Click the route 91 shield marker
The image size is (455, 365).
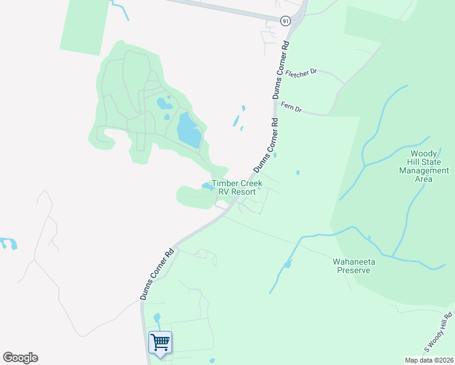[x=286, y=21]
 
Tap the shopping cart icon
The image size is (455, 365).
[x=161, y=341]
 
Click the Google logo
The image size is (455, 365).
[x=20, y=358]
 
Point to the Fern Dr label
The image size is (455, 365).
[x=291, y=108]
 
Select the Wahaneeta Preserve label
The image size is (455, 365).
[x=354, y=266]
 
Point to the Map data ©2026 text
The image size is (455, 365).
[x=429, y=360]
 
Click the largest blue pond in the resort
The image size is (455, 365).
[x=189, y=130]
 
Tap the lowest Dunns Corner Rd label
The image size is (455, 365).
[x=157, y=274]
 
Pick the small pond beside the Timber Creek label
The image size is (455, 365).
[x=207, y=186]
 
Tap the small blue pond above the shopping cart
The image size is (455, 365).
[x=157, y=318]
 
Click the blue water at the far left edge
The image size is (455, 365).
[x=8, y=243]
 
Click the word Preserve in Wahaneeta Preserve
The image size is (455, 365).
[x=354, y=270]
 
